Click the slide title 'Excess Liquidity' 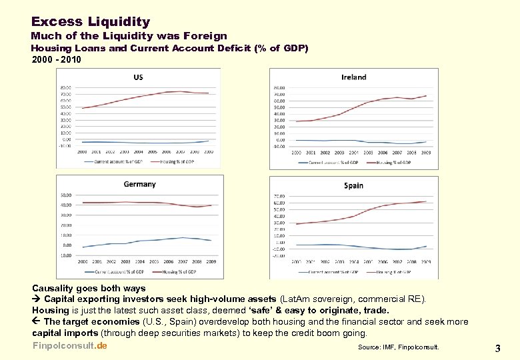(91, 22)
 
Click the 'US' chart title (138, 77)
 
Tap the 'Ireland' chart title (353, 77)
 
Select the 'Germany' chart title (139, 184)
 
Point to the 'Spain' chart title (353, 185)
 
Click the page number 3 (497, 348)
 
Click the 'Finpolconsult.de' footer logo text (69, 345)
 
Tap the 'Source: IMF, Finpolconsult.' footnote (399, 347)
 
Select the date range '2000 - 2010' (57, 59)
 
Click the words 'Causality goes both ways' (89, 288)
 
